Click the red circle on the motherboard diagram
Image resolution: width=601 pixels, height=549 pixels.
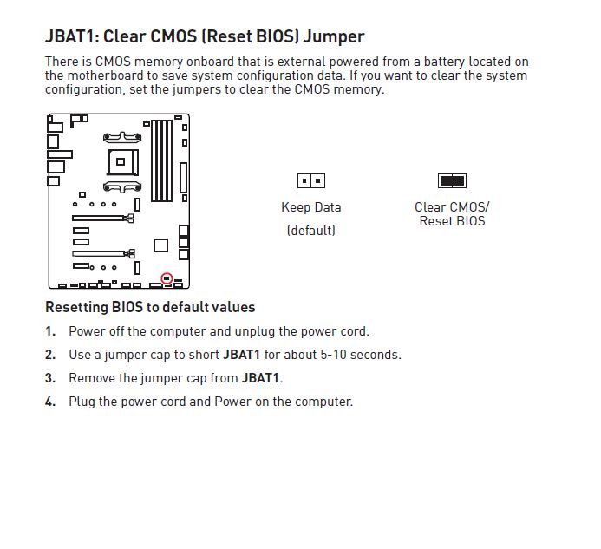tap(167, 279)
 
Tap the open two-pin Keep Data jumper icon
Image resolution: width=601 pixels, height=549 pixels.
tap(311, 181)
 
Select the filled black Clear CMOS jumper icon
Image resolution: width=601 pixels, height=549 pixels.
tap(452, 181)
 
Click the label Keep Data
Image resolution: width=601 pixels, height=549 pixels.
tap(311, 207)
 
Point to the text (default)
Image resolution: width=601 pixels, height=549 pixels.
tap(311, 231)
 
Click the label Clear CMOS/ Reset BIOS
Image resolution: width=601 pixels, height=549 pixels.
tap(452, 214)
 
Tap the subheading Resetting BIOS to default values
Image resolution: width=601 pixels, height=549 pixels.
tap(150, 307)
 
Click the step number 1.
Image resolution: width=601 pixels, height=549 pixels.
tap(49, 331)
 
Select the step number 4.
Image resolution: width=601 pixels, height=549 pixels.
tap(49, 402)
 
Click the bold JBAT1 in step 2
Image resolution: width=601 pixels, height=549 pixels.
tap(242, 355)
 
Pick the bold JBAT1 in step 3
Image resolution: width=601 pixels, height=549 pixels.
tap(261, 378)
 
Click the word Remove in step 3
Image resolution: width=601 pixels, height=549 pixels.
tap(91, 378)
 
